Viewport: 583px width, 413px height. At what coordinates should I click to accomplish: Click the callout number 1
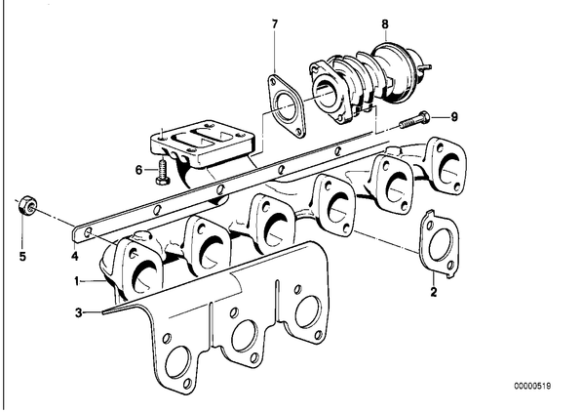[x=77, y=281]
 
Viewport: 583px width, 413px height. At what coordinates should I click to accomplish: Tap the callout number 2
[x=434, y=292]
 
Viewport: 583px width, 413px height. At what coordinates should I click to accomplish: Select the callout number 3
[x=78, y=312]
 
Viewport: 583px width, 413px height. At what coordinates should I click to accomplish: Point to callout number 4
[x=75, y=256]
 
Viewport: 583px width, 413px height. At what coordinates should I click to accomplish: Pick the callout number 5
[x=22, y=256]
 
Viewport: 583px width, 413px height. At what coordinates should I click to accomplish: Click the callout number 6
[x=138, y=170]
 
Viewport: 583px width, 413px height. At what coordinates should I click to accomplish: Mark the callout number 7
[x=274, y=24]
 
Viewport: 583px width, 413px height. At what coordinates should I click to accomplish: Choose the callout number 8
[x=385, y=24]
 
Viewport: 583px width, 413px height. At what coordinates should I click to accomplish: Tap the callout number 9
[x=454, y=117]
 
